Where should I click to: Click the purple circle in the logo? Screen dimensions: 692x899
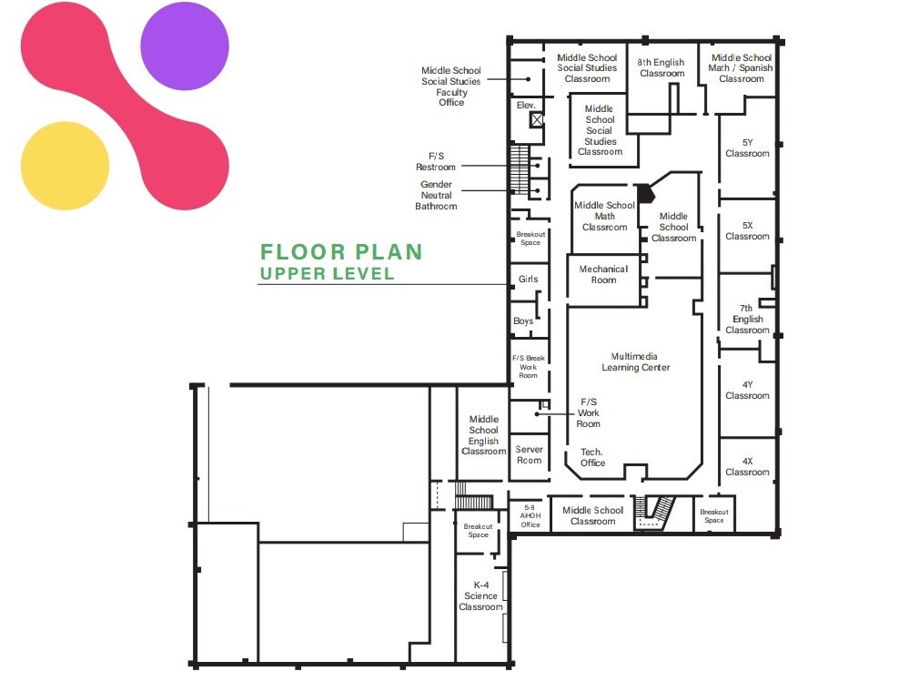(x=185, y=46)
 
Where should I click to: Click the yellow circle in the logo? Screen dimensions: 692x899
(x=64, y=166)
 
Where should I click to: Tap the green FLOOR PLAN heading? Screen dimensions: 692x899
(x=341, y=252)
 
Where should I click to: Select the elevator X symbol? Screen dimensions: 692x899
(x=537, y=118)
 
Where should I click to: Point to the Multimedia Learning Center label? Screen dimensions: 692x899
(x=635, y=361)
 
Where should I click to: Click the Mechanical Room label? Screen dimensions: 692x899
(x=603, y=274)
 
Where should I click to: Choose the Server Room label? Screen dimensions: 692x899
(x=529, y=454)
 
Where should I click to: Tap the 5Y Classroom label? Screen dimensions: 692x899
(x=747, y=148)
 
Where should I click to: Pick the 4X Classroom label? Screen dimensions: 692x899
(x=747, y=466)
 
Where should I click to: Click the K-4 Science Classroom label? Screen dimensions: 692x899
(x=480, y=595)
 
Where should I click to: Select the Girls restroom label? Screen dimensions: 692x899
(x=528, y=280)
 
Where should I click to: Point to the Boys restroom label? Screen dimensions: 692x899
(x=523, y=321)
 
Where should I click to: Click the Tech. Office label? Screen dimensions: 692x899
(x=592, y=457)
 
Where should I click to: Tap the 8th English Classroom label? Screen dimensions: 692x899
(x=662, y=67)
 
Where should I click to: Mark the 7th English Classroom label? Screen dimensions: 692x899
(x=747, y=319)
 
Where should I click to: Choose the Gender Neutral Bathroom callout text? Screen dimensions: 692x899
(x=436, y=195)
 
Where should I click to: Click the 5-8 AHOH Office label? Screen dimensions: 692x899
(x=530, y=515)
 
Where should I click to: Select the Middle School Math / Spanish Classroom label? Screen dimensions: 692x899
(x=742, y=67)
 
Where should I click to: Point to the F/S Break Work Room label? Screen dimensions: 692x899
(x=529, y=366)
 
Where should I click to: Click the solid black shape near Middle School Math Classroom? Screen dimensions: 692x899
(x=644, y=192)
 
